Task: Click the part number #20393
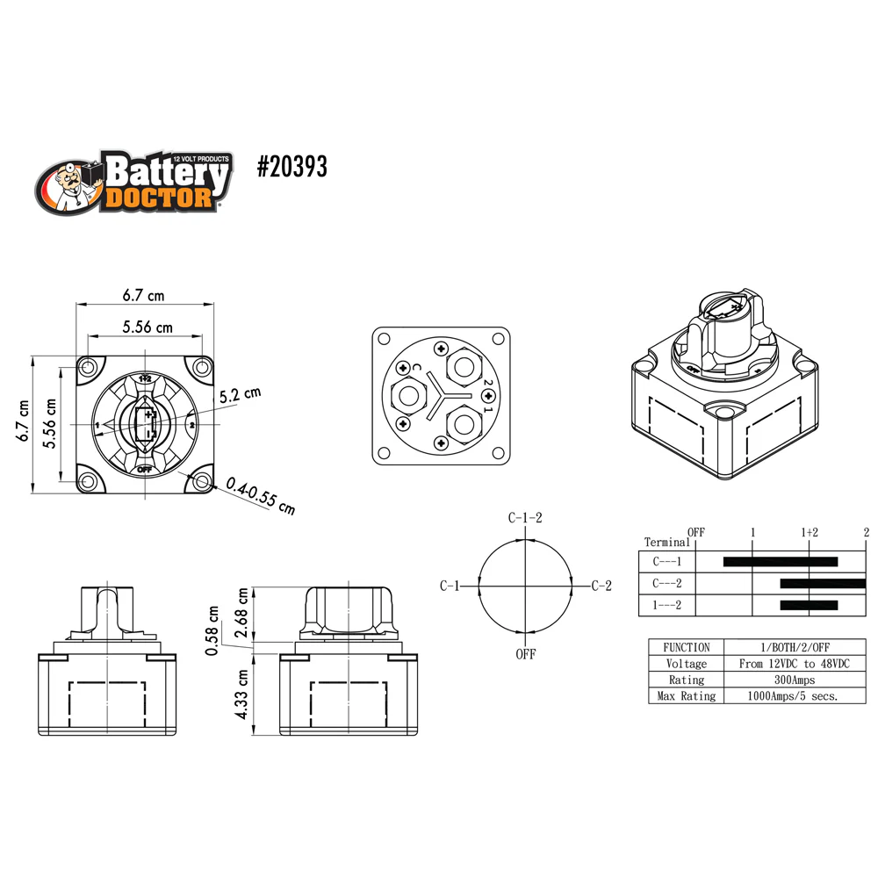click(291, 166)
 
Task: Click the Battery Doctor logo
click(133, 182)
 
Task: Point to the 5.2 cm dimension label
click(241, 395)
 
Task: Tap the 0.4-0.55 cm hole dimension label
click(261, 495)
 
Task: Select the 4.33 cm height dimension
click(241, 694)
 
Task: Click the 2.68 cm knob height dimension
click(241, 613)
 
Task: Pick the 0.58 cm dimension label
click(212, 630)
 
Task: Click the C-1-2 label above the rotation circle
click(525, 517)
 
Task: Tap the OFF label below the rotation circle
click(526, 654)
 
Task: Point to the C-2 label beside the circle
click(601, 586)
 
